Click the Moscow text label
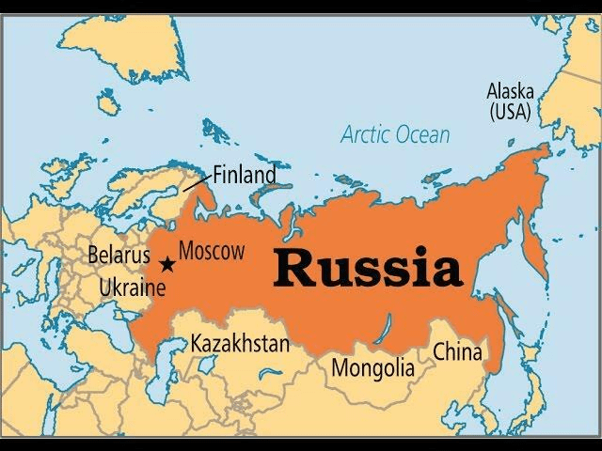tap(211, 251)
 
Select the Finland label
tap(245, 174)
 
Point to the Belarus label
tap(118, 254)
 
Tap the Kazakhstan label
tap(240, 344)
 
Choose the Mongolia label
tap(372, 366)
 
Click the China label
tap(457, 353)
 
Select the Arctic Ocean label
tap(394, 134)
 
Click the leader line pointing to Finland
tap(197, 182)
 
